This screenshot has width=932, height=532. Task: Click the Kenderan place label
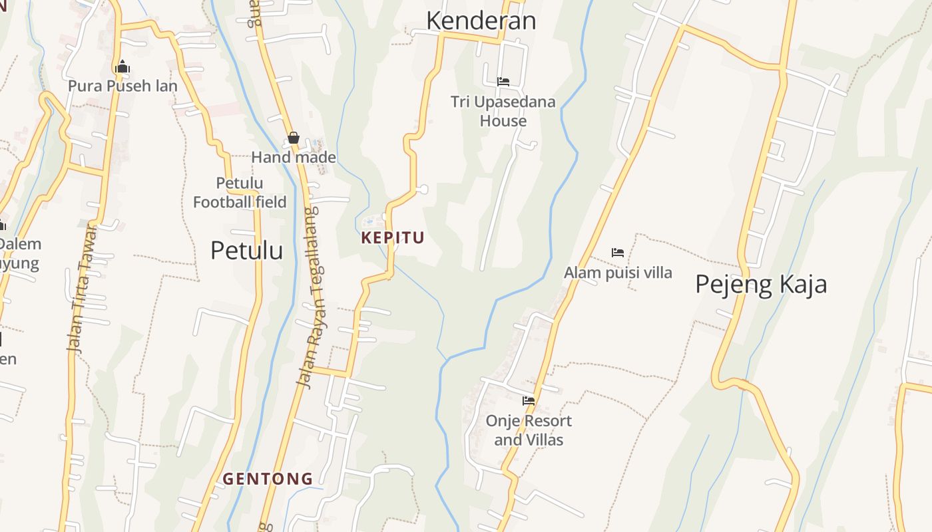(481, 21)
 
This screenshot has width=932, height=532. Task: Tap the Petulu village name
(246, 251)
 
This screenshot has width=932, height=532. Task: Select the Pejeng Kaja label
(761, 285)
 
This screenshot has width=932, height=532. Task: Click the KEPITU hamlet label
(393, 238)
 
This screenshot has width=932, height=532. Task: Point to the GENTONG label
(268, 479)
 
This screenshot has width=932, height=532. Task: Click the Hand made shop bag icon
(293, 138)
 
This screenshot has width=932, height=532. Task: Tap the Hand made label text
(294, 158)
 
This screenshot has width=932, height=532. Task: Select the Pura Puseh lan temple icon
(122, 67)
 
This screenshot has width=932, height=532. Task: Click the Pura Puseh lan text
(122, 86)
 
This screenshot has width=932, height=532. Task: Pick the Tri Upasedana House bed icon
(503, 82)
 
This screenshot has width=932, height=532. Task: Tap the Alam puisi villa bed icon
(618, 253)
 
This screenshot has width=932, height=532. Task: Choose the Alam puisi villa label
(618, 273)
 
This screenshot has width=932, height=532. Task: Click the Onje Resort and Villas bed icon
(529, 401)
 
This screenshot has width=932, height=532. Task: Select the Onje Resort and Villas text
(529, 430)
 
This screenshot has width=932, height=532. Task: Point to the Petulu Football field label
(240, 192)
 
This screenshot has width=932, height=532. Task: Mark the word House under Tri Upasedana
(503, 121)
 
